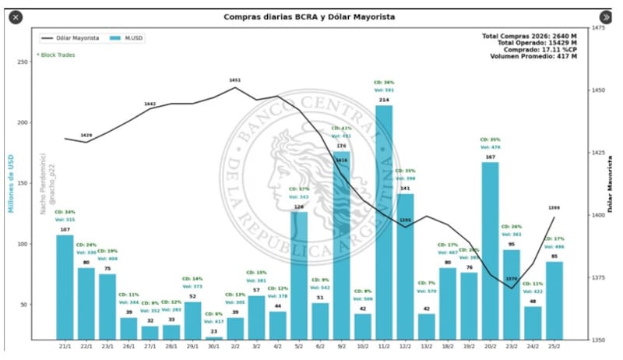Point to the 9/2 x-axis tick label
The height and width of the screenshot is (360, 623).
(342, 345)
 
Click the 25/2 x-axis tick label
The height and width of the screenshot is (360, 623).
(554, 345)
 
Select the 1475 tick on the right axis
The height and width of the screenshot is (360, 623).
(598, 28)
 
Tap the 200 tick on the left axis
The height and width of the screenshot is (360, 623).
(22, 122)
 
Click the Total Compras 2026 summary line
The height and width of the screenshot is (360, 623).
(530, 36)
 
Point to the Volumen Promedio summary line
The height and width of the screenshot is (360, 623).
(533, 56)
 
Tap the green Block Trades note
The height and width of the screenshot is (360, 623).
(55, 55)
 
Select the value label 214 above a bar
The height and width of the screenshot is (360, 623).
(384, 101)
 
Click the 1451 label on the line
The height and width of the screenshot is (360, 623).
(235, 80)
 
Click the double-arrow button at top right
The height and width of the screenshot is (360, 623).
(606, 16)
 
